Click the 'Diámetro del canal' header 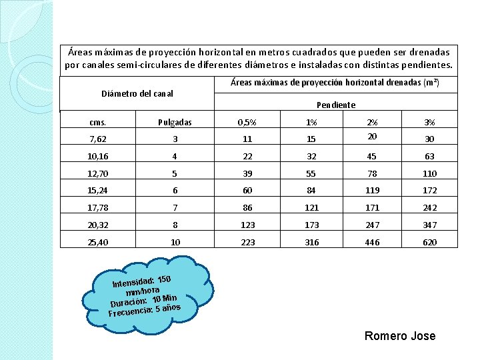coord(137,93)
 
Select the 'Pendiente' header coord(336,105)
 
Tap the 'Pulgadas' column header coord(175,122)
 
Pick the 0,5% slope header coord(248,122)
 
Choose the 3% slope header coord(430,122)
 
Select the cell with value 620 coord(430,242)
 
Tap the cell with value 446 coord(372,242)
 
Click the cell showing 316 coord(311,242)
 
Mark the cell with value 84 coord(311,190)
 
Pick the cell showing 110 coord(430,173)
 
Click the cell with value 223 coord(248,242)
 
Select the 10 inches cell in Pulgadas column coord(175,242)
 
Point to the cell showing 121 coord(311,207)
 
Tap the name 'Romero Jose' coord(400,335)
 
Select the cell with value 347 coord(430,225)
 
